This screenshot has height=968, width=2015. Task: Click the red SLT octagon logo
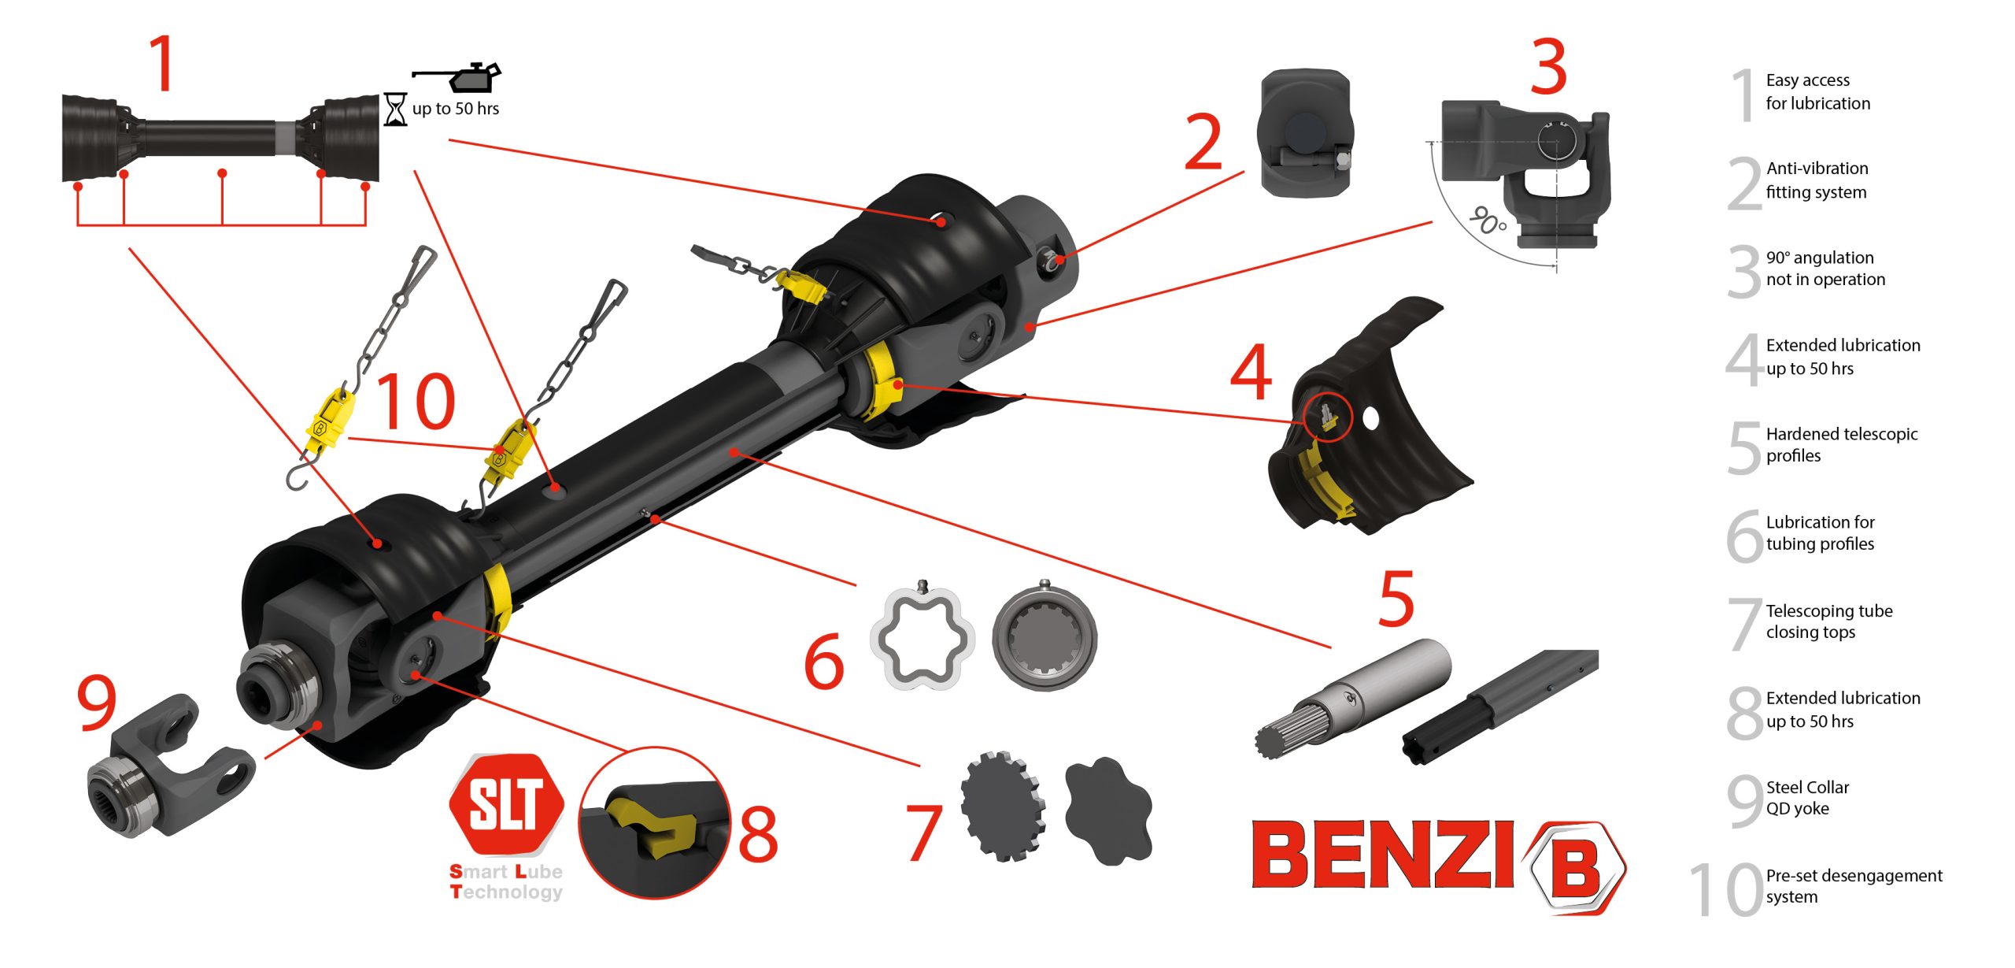pos(507,803)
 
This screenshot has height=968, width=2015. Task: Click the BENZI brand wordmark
pos(1382,854)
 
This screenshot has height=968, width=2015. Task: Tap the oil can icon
pos(457,76)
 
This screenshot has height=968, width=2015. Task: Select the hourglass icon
pos(395,109)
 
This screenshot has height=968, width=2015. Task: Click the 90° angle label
pos(1488,221)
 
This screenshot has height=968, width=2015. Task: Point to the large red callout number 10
pos(416,401)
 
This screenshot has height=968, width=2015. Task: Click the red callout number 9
pos(97,703)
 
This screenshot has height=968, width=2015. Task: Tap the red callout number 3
pos(1548,66)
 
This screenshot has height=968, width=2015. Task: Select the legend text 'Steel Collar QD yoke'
pos(1807,798)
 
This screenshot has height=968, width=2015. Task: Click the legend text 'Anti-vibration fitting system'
pos(1817,180)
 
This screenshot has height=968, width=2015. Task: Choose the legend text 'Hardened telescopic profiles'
pos(1842,444)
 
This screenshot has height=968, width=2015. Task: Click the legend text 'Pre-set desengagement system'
pos(1854,886)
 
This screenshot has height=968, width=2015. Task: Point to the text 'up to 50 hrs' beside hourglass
pos(456,109)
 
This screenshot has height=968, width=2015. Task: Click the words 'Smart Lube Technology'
pos(506,882)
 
